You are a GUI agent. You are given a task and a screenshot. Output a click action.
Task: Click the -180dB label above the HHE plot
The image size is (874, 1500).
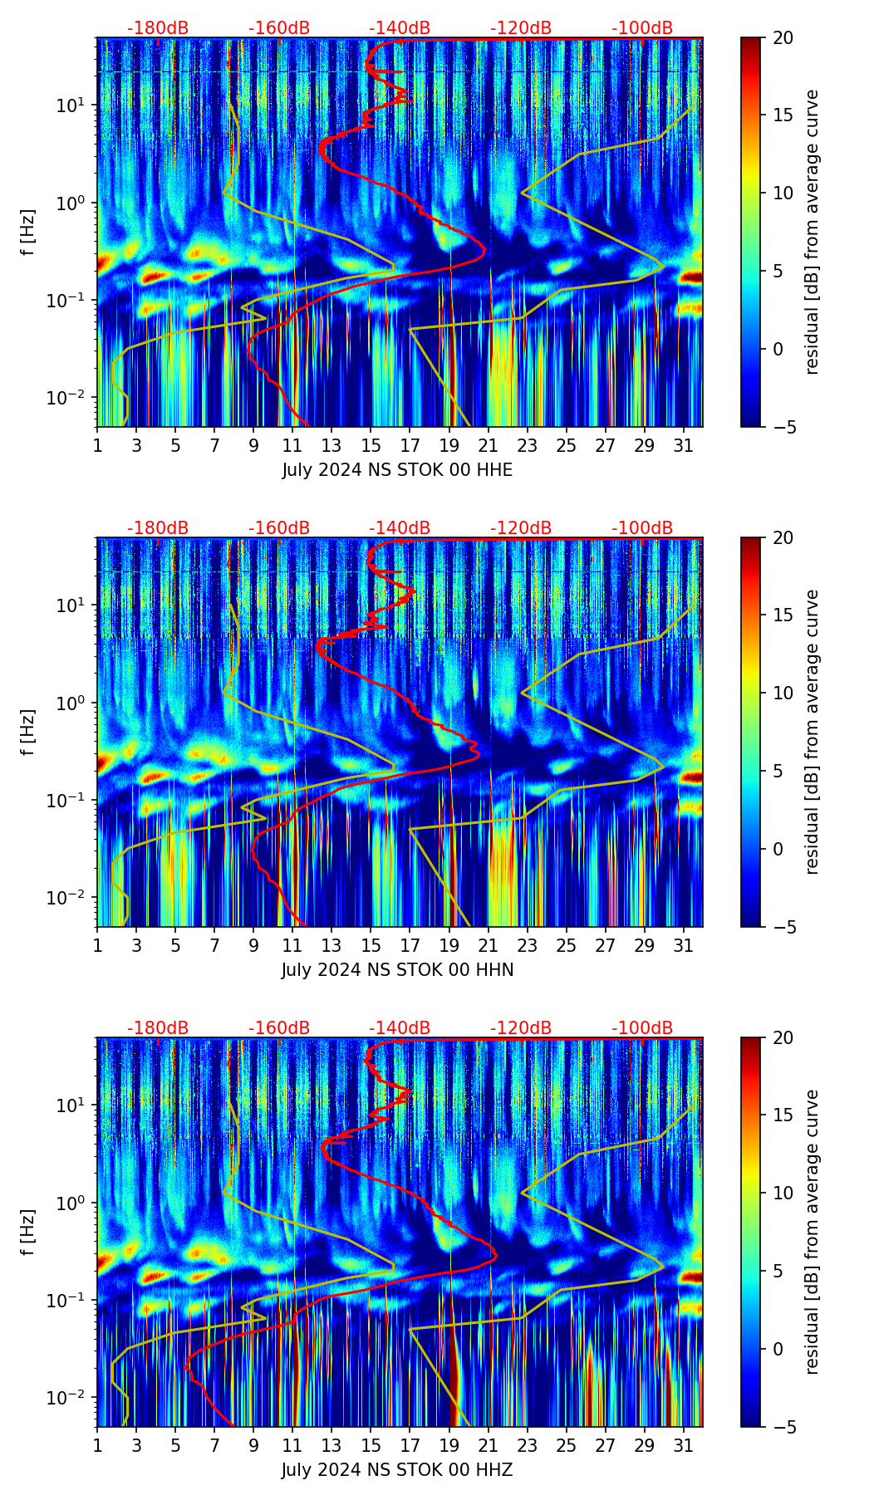[x=158, y=28]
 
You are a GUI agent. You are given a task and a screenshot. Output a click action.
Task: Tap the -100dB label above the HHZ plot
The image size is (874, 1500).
[x=642, y=1028]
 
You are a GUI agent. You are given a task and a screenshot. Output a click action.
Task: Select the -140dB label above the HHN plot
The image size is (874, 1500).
[x=400, y=528]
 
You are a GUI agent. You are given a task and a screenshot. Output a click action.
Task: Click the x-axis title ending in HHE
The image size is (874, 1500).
[x=397, y=470]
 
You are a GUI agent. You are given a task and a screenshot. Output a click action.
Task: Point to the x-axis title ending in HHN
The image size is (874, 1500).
[x=397, y=970]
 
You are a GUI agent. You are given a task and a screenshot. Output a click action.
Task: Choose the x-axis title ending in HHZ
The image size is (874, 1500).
[x=397, y=1470]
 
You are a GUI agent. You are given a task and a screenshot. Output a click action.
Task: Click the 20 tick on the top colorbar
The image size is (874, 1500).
[x=783, y=38]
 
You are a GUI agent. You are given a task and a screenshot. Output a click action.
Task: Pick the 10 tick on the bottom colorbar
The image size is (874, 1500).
[x=783, y=1194]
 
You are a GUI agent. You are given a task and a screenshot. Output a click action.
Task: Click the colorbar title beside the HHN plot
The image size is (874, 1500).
[x=812, y=732]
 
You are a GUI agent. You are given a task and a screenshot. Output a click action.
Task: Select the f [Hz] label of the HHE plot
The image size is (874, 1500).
[x=29, y=233]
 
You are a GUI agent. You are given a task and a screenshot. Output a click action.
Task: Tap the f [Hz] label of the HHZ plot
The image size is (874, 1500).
[x=29, y=1233]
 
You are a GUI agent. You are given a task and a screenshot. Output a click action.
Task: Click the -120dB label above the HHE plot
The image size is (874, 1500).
[x=521, y=28]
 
